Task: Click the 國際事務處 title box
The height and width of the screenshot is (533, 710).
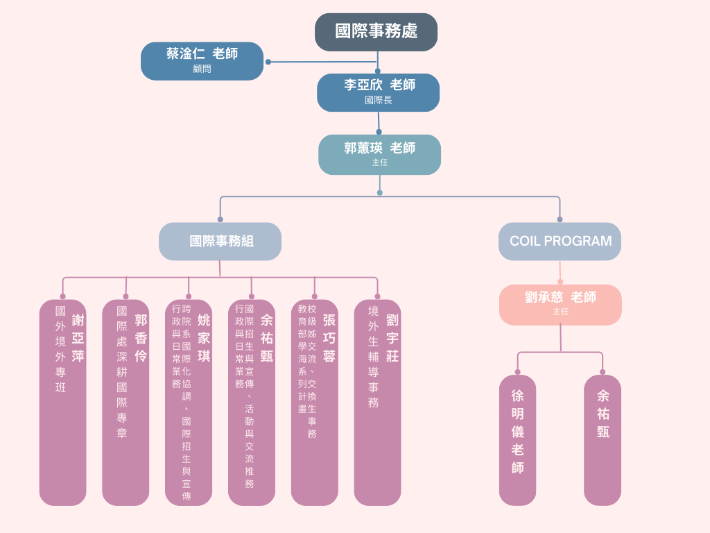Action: pyautogui.click(x=376, y=32)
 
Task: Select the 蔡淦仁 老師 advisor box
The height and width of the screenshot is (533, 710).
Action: pyautogui.click(x=202, y=60)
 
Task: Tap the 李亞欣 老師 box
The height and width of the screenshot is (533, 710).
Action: pyautogui.click(x=379, y=92)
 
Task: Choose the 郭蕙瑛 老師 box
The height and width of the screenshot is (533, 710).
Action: pyautogui.click(x=379, y=154)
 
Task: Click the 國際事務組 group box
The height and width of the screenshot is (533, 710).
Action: pyautogui.click(x=220, y=242)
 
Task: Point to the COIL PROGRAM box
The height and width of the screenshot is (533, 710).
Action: pyautogui.click(x=560, y=242)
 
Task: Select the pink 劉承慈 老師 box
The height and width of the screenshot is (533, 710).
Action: pyautogui.click(x=560, y=304)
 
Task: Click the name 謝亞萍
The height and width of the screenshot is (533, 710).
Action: pyautogui.click(x=78, y=338)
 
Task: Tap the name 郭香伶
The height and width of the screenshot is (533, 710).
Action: pyautogui.click(x=141, y=338)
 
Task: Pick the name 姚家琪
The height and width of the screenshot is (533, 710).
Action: pyautogui.click(x=204, y=338)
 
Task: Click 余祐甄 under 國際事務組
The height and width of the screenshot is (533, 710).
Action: pyautogui.click(x=267, y=338)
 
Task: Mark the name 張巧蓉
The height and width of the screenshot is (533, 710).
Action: pyautogui.click(x=329, y=338)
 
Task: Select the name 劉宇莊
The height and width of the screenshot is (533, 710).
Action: pyautogui.click(x=392, y=338)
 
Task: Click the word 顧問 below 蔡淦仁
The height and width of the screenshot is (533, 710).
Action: pyautogui.click(x=202, y=69)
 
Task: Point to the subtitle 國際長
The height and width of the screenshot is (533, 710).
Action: pyautogui.click(x=379, y=101)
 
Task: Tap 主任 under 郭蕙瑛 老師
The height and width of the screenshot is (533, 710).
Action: pyautogui.click(x=379, y=162)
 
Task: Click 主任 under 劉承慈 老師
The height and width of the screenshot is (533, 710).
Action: pyautogui.click(x=560, y=312)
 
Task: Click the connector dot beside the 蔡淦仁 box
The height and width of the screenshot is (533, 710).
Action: pyautogui.click(x=268, y=62)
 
